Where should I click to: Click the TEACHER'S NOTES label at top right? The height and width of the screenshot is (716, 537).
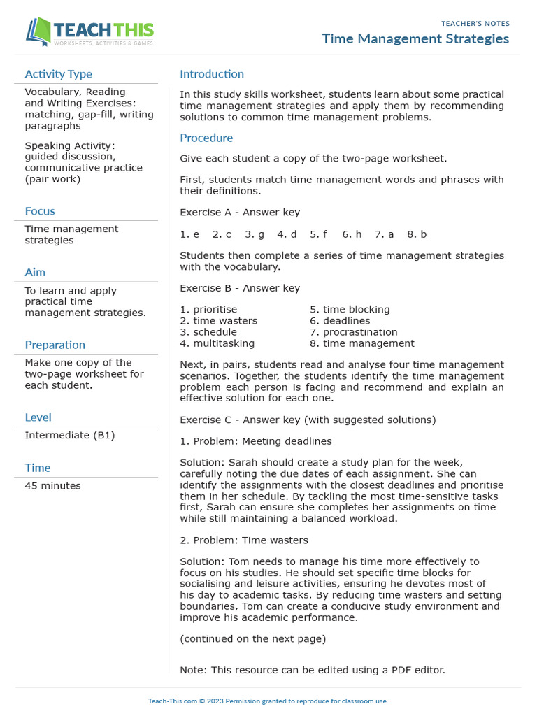(x=475, y=24)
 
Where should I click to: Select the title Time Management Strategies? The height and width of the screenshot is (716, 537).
(x=415, y=38)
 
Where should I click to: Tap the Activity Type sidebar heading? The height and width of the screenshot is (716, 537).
(x=58, y=74)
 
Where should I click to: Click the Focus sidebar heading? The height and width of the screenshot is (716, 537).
(x=40, y=211)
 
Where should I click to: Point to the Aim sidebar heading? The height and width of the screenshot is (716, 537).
(x=35, y=272)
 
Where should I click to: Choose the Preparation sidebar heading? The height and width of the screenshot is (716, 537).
(x=55, y=345)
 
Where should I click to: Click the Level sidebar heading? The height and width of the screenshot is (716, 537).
(x=38, y=417)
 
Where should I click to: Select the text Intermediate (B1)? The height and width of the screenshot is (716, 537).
(x=70, y=435)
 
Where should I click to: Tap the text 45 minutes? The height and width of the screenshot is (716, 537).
(x=52, y=485)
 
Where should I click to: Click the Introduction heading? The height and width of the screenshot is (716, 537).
(x=212, y=74)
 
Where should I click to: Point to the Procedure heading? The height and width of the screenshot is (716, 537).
(x=206, y=138)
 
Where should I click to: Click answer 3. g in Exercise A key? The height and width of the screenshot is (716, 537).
(x=255, y=234)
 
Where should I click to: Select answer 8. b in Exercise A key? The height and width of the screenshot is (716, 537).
(x=417, y=234)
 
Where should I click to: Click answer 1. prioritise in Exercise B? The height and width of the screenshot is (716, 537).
(x=208, y=309)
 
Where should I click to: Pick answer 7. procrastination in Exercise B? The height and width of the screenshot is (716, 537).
(x=353, y=332)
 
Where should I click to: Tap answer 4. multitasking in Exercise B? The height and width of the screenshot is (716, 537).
(x=217, y=343)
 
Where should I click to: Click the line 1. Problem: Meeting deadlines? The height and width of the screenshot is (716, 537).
(x=256, y=441)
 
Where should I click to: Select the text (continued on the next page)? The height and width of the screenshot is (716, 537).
(x=252, y=638)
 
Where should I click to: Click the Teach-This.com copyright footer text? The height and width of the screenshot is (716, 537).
(x=268, y=701)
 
